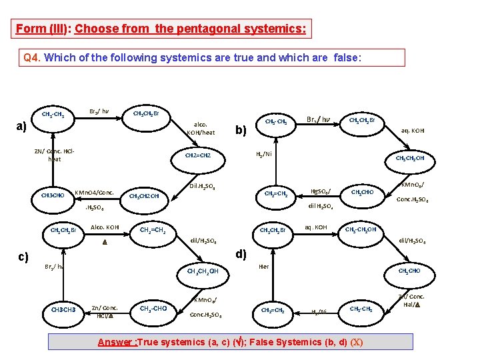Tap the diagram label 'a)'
pos(21,127)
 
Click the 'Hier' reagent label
pos(263,265)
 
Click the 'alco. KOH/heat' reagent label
pos(201,128)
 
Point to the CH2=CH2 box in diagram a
pos(198,155)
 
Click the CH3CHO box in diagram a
pos(53,195)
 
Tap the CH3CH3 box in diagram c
pos(63,310)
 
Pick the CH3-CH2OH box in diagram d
pos(361,230)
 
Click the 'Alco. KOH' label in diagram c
pos(105,227)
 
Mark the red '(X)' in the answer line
pos(357,342)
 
